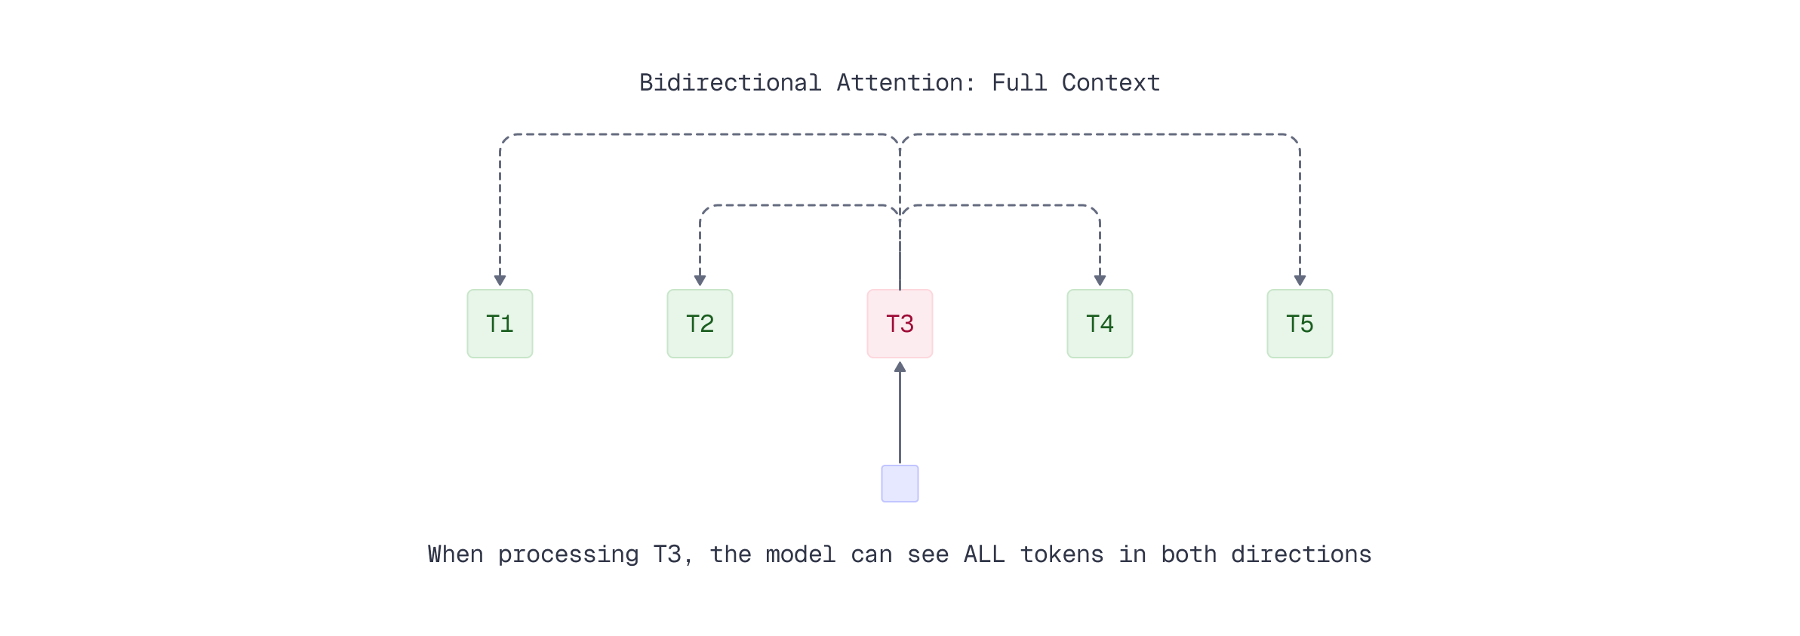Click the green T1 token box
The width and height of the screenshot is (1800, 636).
tap(500, 324)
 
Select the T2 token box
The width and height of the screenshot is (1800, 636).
tap(700, 324)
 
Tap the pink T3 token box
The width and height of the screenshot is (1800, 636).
tap(900, 324)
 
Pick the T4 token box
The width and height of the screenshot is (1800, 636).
tap(1100, 324)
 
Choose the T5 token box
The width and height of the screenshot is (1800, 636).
tap(1300, 324)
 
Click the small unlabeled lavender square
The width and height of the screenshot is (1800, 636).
tap(900, 484)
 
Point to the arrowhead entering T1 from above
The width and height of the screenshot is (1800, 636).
tap(500, 281)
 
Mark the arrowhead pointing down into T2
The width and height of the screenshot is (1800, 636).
tap(700, 281)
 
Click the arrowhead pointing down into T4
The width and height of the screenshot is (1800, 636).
tap(1100, 281)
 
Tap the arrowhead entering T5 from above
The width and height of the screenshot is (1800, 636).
tap(1300, 281)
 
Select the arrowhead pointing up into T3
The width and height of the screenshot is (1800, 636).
tap(900, 367)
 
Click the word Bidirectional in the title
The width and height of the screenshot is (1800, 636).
tap(730, 83)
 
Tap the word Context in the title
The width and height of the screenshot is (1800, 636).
tap(1110, 83)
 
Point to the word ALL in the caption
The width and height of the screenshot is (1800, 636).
tap(983, 555)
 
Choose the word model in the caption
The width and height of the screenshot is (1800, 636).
tap(800, 555)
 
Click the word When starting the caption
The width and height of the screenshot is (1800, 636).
tap(455, 555)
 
